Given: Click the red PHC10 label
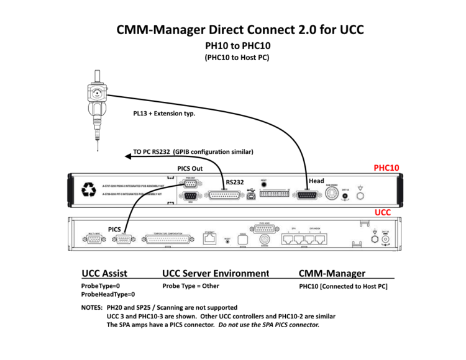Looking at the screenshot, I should point(386,168).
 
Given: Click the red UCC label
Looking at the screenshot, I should point(382,212).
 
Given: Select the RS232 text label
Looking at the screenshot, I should point(235,182).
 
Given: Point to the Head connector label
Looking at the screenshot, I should point(316,181).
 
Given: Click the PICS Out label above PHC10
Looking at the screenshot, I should point(190,168).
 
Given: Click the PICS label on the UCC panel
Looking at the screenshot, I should point(114,229).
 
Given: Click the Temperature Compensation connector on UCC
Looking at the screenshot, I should point(169,239).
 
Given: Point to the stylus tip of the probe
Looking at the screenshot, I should point(97,150).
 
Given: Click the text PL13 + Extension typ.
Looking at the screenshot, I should point(165,114).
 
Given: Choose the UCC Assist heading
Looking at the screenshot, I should point(104,273).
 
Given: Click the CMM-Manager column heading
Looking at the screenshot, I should point(332,273).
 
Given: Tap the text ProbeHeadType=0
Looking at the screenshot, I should point(108,294).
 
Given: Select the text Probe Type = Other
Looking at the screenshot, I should point(191,286).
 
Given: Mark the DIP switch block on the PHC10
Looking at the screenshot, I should point(274,194).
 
